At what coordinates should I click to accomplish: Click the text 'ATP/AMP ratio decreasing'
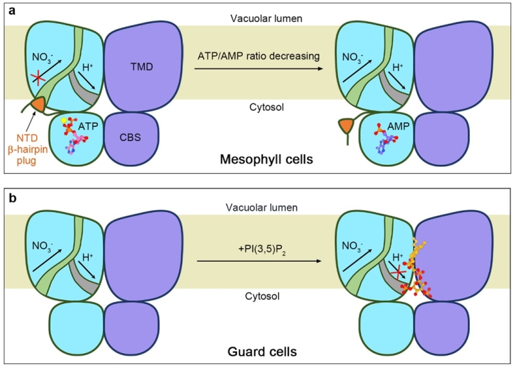click(x=258, y=56)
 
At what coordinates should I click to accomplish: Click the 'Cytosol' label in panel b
click(x=258, y=297)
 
